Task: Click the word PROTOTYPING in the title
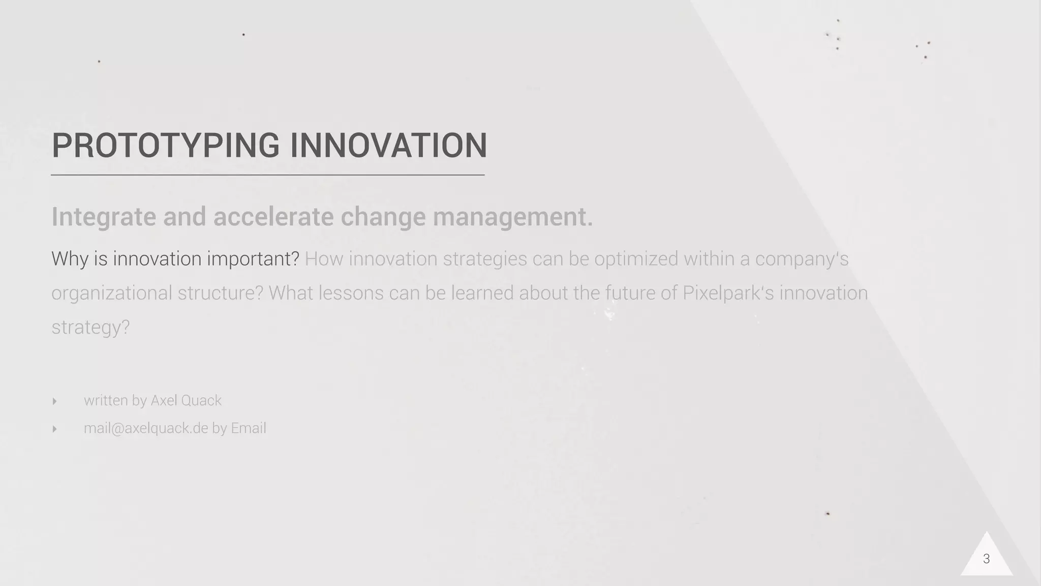[166, 145]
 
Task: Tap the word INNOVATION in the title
[388, 145]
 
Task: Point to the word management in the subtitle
[512, 217]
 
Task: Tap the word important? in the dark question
[253, 259]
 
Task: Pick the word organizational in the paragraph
[111, 294]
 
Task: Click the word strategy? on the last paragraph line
[90, 327]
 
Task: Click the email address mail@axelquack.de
[146, 428]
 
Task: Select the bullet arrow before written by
[54, 401]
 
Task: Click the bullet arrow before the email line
[54, 429]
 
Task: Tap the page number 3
[986, 559]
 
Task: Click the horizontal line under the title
[267, 175]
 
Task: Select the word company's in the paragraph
[802, 259]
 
